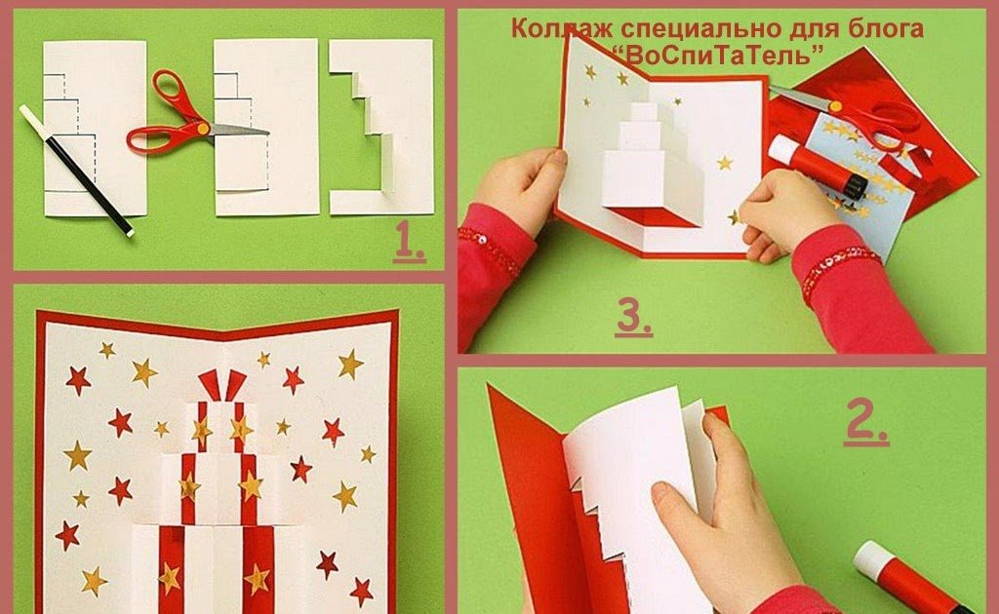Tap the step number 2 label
click(x=866, y=424)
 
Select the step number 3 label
click(x=634, y=316)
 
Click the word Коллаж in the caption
click(x=562, y=29)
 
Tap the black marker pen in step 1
click(x=76, y=171)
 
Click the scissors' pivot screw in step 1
click(x=203, y=128)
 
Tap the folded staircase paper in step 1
click(x=381, y=128)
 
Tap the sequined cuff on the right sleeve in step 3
click(x=841, y=267)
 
